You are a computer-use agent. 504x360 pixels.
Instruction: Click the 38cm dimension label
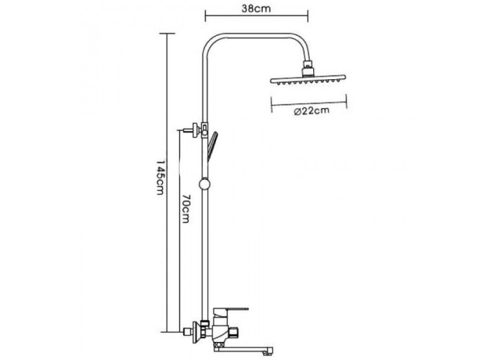click(256, 9)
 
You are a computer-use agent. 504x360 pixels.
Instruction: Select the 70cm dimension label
click(186, 208)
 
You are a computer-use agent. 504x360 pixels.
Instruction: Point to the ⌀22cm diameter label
click(312, 111)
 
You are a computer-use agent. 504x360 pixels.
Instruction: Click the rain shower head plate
click(308, 78)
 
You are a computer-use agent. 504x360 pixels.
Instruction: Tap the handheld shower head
click(212, 146)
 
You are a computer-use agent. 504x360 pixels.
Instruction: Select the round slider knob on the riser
click(204, 184)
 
